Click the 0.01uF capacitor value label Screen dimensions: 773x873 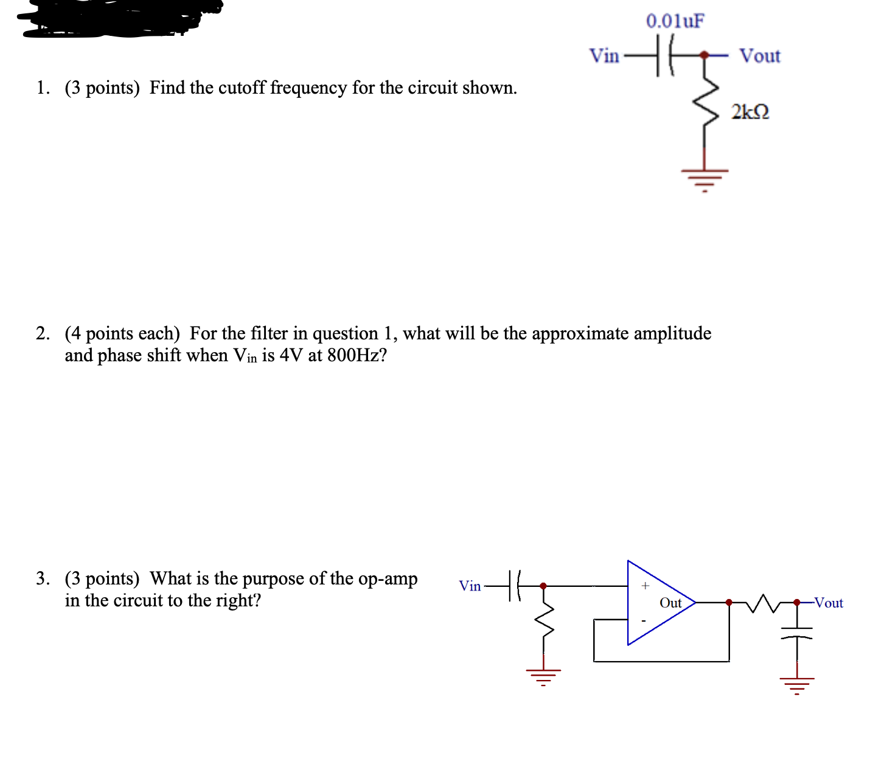click(x=675, y=21)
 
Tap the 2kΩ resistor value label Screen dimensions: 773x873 click(x=750, y=113)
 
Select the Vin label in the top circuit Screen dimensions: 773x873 click(x=603, y=56)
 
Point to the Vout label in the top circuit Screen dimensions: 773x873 click(x=759, y=56)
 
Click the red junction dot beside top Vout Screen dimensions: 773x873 click(x=704, y=55)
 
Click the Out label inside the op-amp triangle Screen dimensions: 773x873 click(x=670, y=603)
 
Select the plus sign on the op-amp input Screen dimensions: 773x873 click(x=645, y=586)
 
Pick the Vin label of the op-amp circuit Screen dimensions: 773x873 click(x=470, y=586)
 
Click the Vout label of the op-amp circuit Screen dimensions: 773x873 click(x=829, y=603)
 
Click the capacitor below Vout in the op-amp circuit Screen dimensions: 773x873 click(x=797, y=634)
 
